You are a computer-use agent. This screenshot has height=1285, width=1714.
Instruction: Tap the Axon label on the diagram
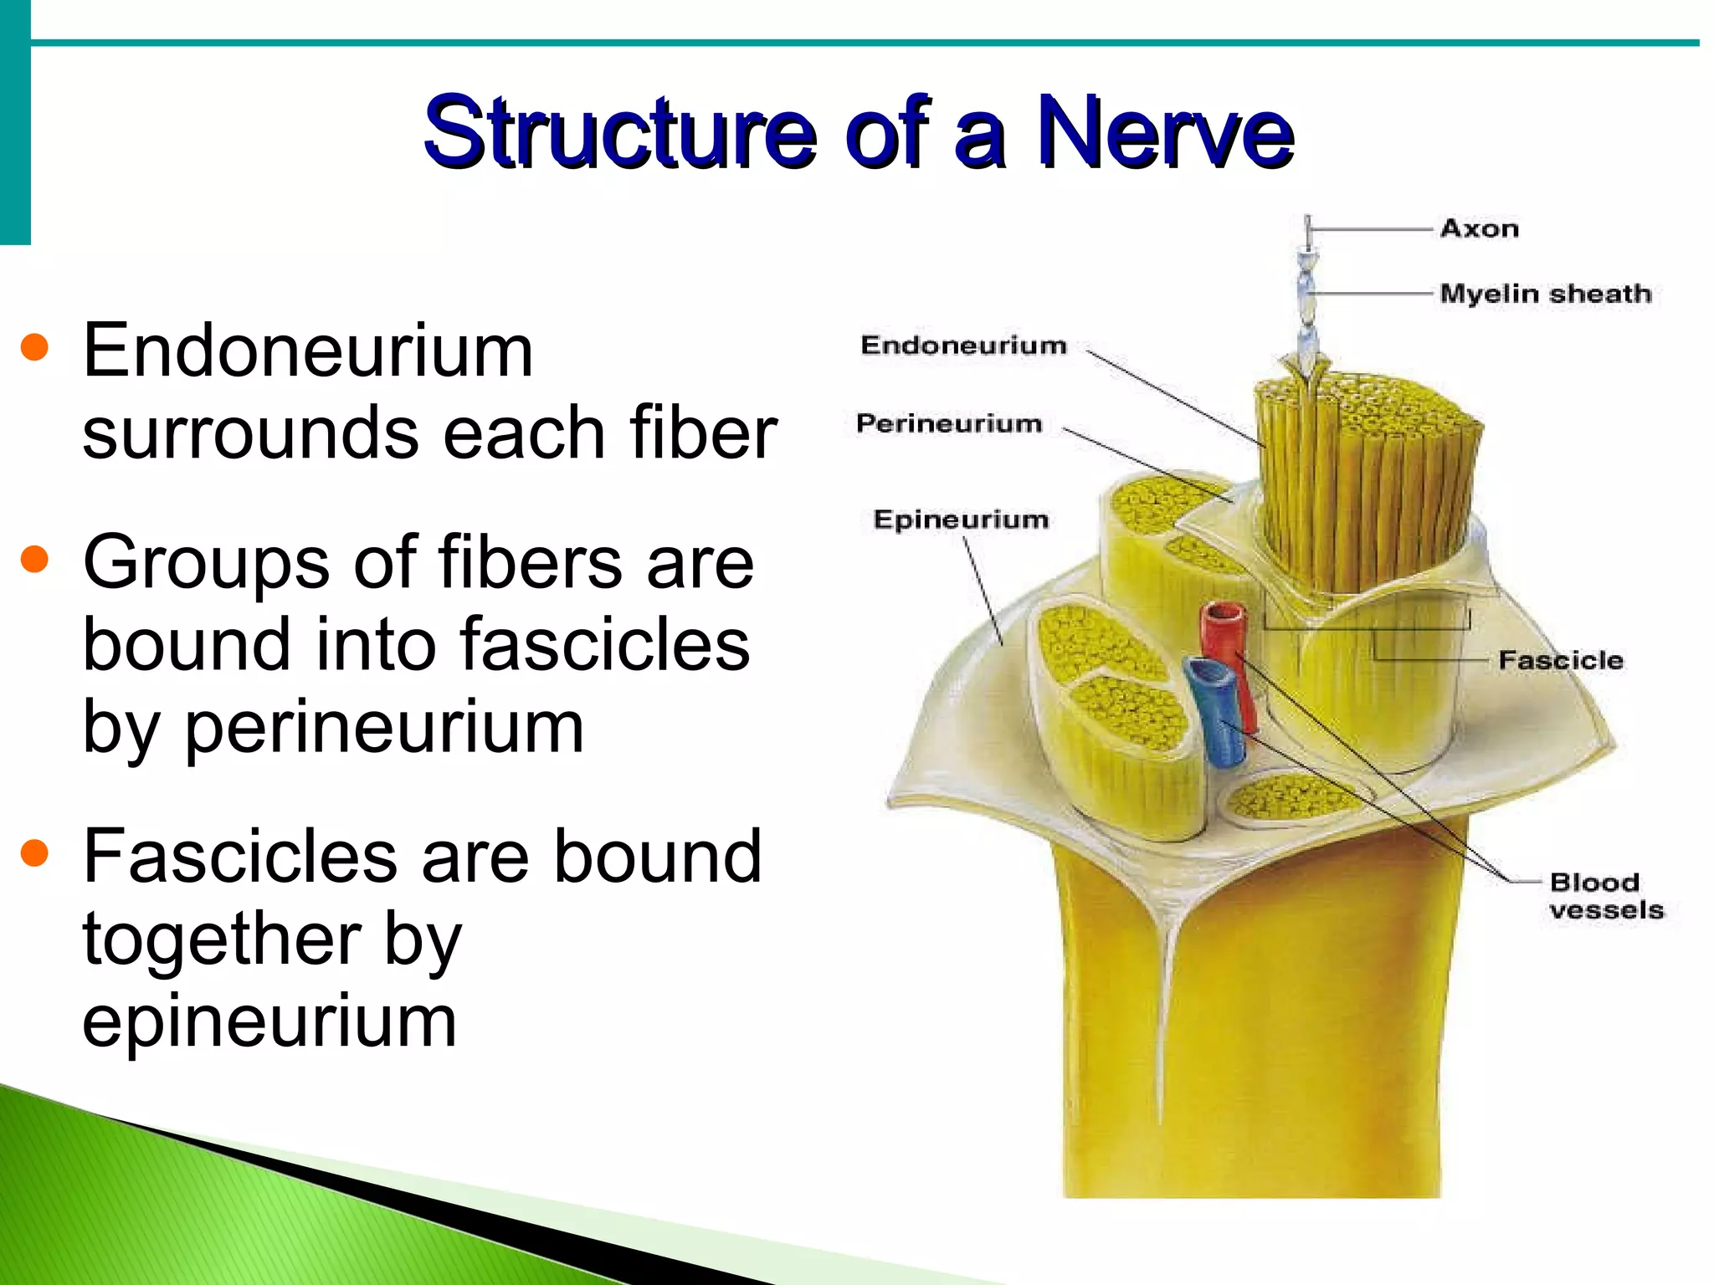point(1479,228)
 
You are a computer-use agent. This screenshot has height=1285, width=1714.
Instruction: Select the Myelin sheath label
point(1545,294)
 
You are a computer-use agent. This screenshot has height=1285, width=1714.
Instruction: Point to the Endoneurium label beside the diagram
point(963,345)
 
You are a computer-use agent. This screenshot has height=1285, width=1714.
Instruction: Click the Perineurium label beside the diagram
point(948,423)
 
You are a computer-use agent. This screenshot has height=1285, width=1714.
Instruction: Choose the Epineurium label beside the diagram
point(961,520)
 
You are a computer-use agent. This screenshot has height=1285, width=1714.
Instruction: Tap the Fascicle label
point(1561,660)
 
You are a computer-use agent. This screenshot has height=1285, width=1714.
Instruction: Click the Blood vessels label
point(1605,896)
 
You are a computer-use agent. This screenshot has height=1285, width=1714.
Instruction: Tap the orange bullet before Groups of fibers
point(34,559)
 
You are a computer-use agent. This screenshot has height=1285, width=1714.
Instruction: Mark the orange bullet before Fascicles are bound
point(34,852)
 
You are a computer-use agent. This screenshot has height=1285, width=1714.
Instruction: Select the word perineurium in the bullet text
point(383,726)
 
